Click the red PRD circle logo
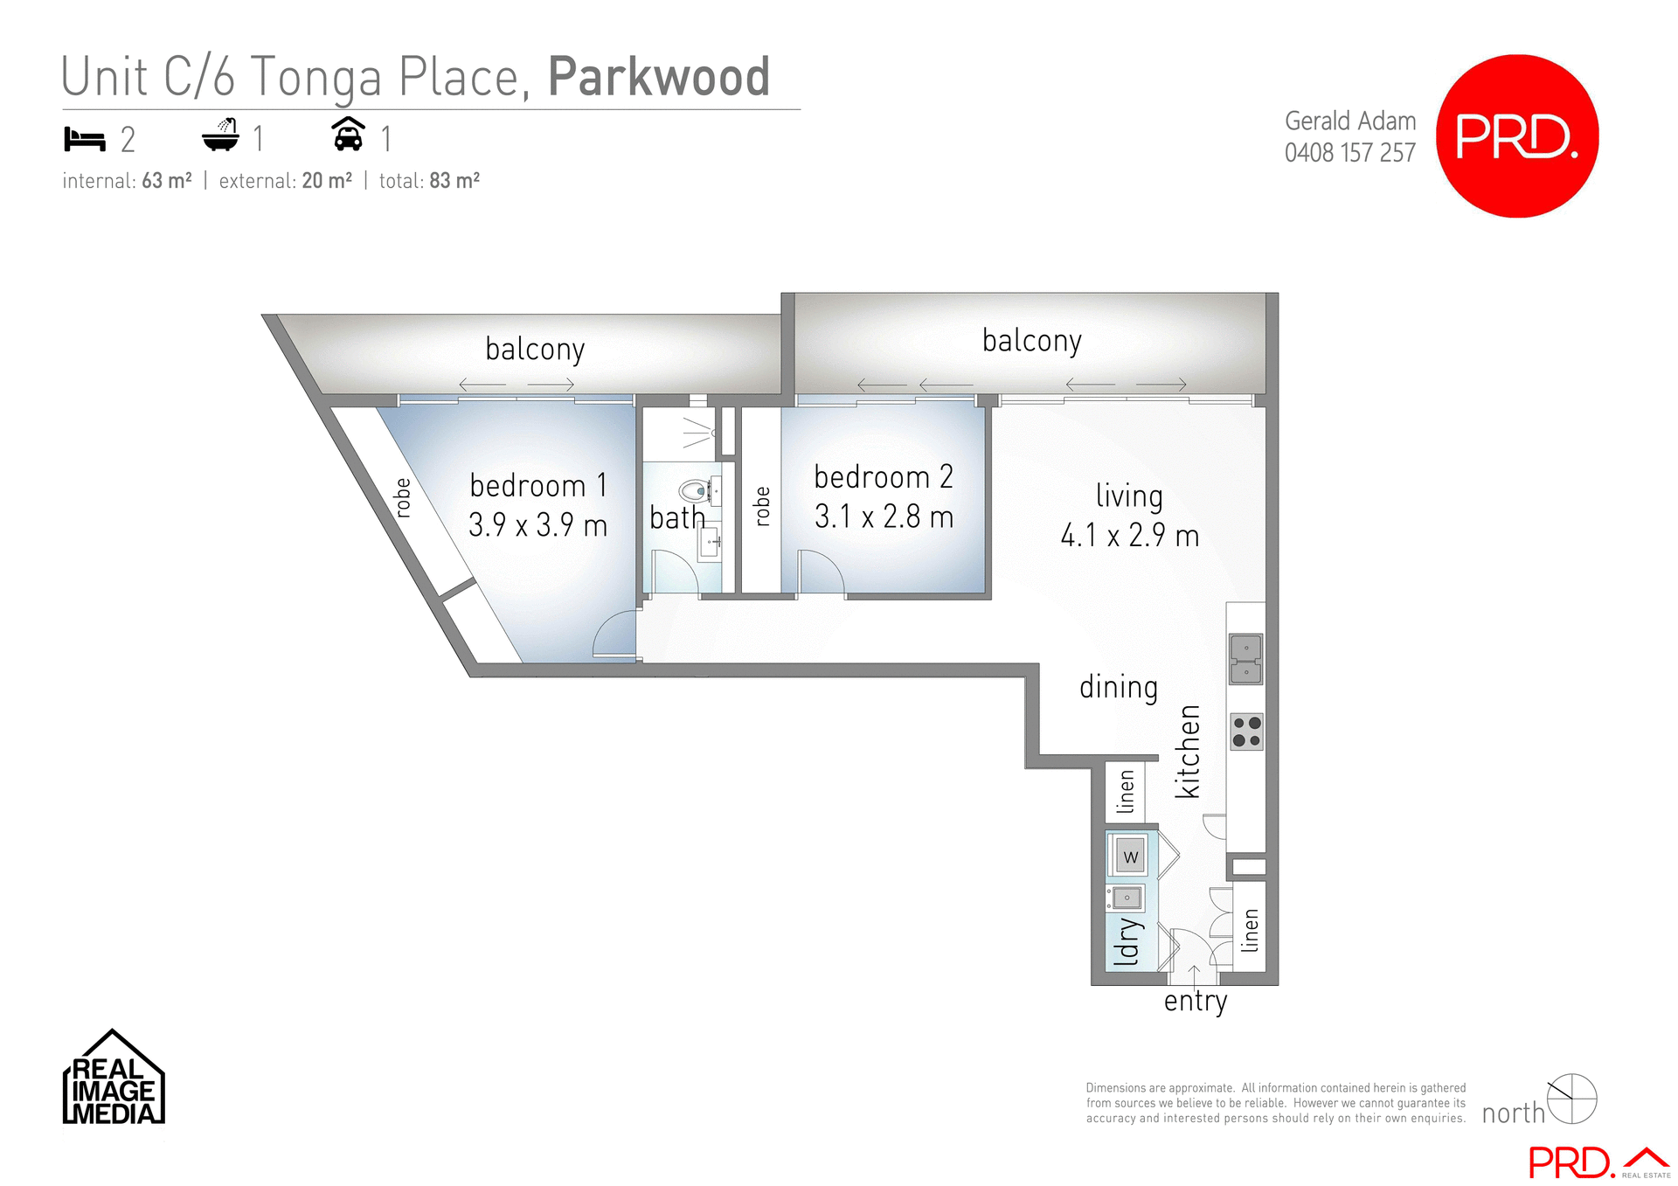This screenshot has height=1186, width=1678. (x=1517, y=136)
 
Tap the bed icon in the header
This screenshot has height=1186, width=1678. (x=85, y=139)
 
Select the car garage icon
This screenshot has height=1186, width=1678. (x=348, y=135)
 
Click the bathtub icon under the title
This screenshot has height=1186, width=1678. (x=220, y=135)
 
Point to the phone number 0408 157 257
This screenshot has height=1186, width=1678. (x=1349, y=153)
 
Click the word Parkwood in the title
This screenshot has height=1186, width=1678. (x=659, y=77)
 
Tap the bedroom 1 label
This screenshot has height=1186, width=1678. (x=537, y=485)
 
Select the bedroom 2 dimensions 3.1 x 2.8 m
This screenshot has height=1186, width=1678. (x=884, y=517)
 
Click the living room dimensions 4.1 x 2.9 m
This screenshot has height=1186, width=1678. (x=1129, y=535)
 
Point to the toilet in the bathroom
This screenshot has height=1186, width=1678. (x=697, y=491)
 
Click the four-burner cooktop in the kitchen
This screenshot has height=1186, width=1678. (x=1246, y=732)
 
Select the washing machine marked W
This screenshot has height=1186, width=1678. (x=1130, y=857)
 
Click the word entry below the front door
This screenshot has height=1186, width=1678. (x=1195, y=1001)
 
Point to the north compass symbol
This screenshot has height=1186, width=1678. (x=1571, y=1099)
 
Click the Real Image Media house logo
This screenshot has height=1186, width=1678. (x=114, y=1078)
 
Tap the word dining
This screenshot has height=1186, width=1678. (x=1118, y=687)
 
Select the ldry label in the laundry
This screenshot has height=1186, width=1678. (x=1128, y=940)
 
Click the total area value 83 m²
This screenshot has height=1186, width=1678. (x=454, y=181)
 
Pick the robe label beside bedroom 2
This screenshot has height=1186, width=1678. (x=762, y=506)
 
